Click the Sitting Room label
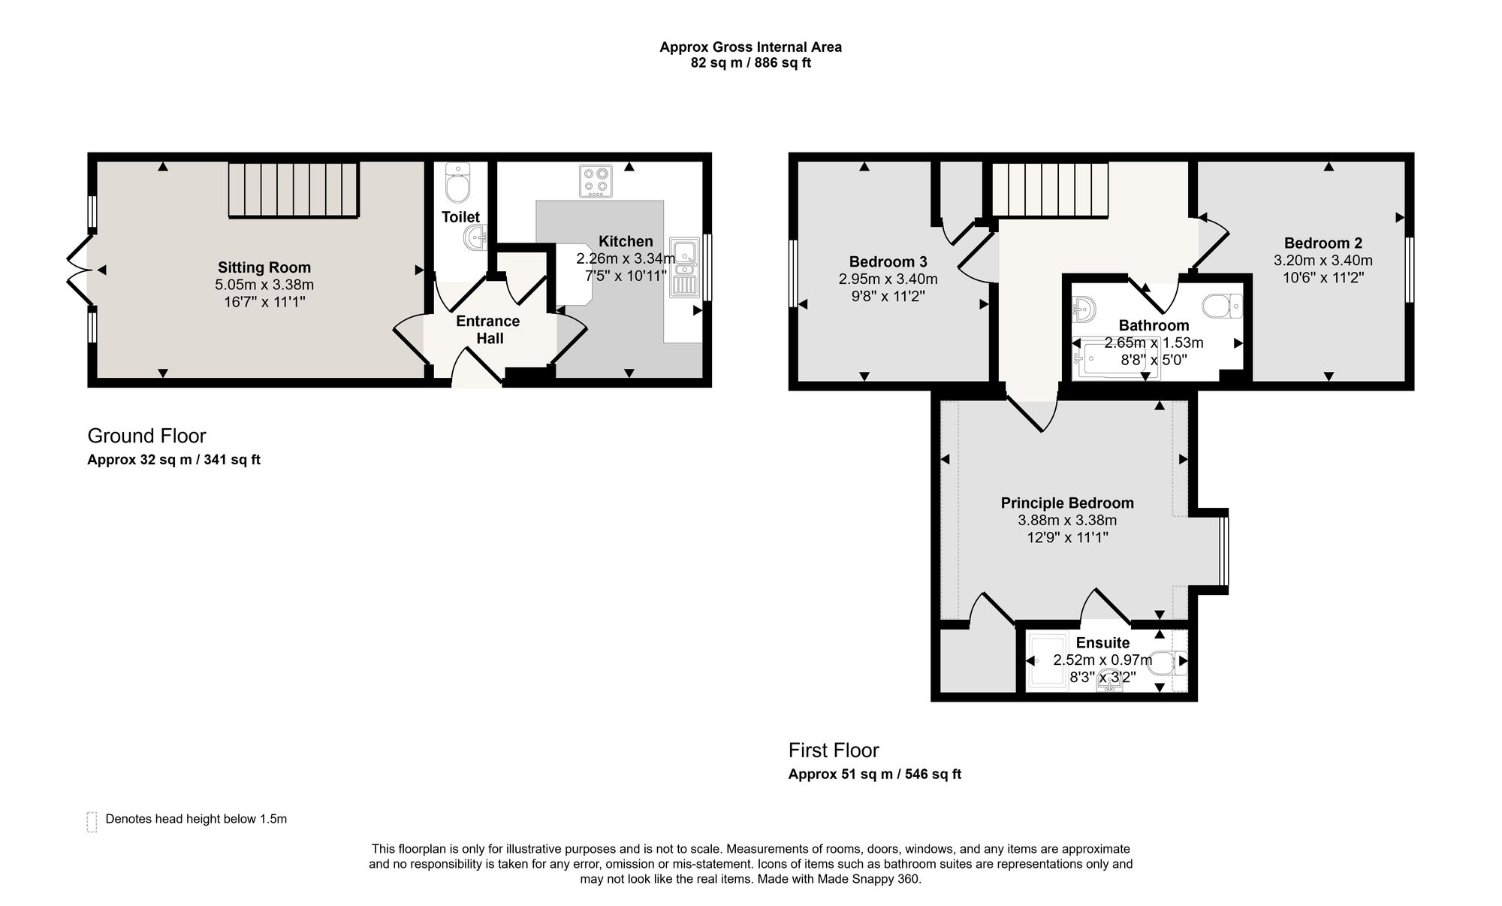tap(264, 267)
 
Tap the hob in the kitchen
tap(596, 181)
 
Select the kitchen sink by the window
tap(684, 267)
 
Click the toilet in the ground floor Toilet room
tap(457, 183)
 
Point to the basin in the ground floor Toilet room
tap(476, 238)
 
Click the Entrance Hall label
tap(489, 330)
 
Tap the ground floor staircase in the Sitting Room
tap(294, 190)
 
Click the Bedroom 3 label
tap(888, 261)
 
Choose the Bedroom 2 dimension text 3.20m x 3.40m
tap(1323, 261)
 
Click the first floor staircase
tap(1051, 190)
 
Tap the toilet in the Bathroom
tap(1222, 306)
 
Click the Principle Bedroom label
tap(1067, 503)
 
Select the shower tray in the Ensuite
tap(1046, 661)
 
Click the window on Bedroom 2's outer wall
tap(1410, 270)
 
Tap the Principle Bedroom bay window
tap(1224, 551)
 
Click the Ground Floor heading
tap(146, 436)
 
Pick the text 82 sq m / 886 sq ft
tap(751, 63)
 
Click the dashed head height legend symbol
tap(92, 822)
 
